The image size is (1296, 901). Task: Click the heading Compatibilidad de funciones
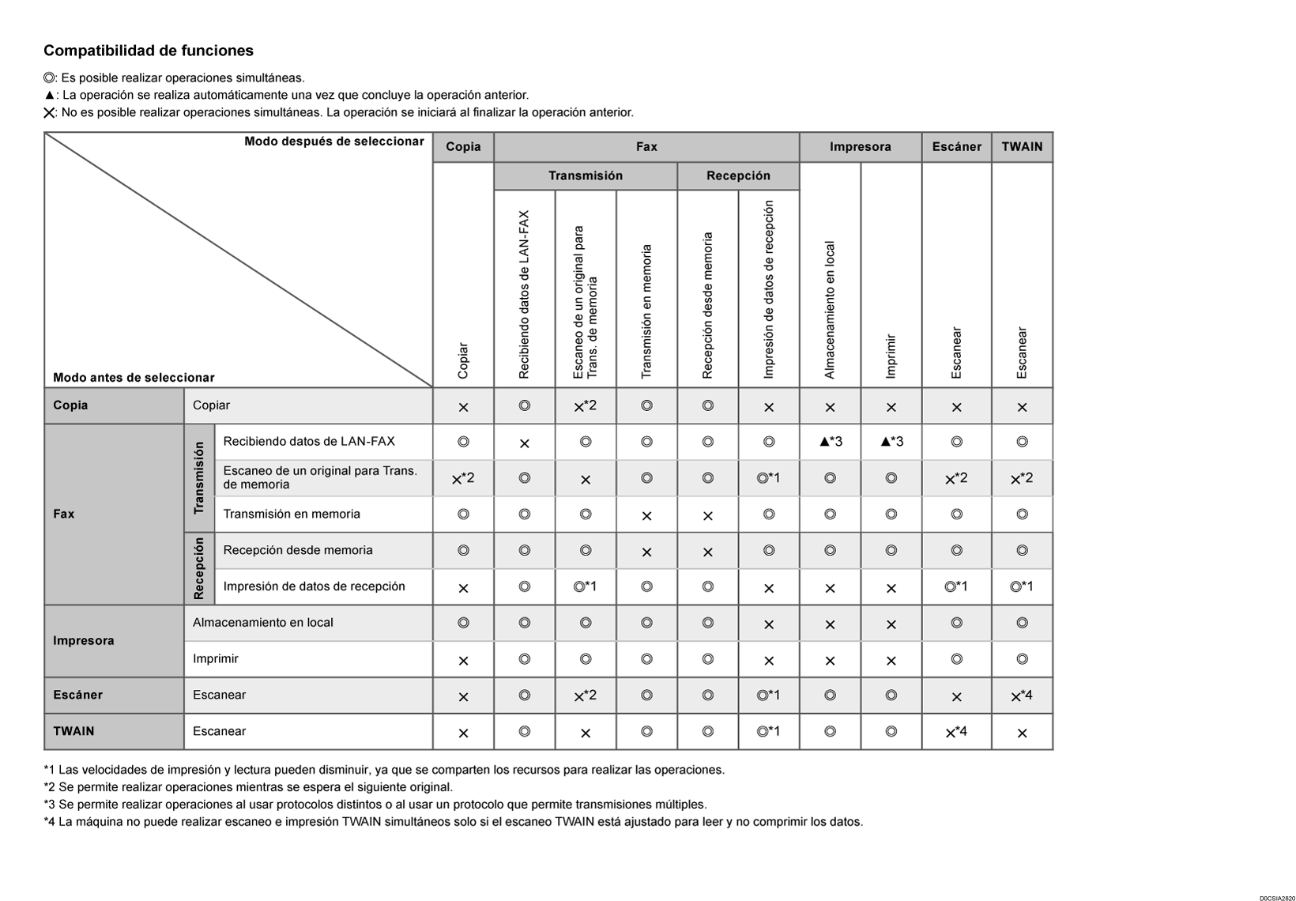click(x=149, y=51)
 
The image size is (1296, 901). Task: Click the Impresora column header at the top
click(x=860, y=147)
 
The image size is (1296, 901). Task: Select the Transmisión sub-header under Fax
click(x=585, y=175)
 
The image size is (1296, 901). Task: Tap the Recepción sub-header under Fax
click(x=738, y=175)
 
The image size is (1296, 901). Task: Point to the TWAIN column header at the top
click(x=1022, y=147)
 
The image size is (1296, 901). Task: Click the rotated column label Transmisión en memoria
click(x=646, y=311)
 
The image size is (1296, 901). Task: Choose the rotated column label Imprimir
click(x=891, y=356)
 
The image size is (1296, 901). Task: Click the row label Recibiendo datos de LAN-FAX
click(x=309, y=442)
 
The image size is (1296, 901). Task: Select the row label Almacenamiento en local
click(x=263, y=623)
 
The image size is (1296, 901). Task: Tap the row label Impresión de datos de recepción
click(x=314, y=586)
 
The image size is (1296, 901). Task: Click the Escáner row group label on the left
click(x=77, y=696)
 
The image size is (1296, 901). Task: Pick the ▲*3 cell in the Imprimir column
click(x=891, y=442)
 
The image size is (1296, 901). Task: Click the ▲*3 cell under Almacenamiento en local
click(x=831, y=442)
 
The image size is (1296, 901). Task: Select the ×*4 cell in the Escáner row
click(x=1022, y=696)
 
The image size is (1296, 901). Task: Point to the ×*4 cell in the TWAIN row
click(x=956, y=732)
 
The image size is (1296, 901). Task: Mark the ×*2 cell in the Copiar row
click(x=585, y=406)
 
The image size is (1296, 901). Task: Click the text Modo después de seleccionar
click(x=333, y=141)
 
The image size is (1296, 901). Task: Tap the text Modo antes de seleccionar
click(x=134, y=378)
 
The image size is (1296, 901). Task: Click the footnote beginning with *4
click(x=453, y=822)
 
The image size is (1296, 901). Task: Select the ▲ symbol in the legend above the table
click(x=49, y=96)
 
